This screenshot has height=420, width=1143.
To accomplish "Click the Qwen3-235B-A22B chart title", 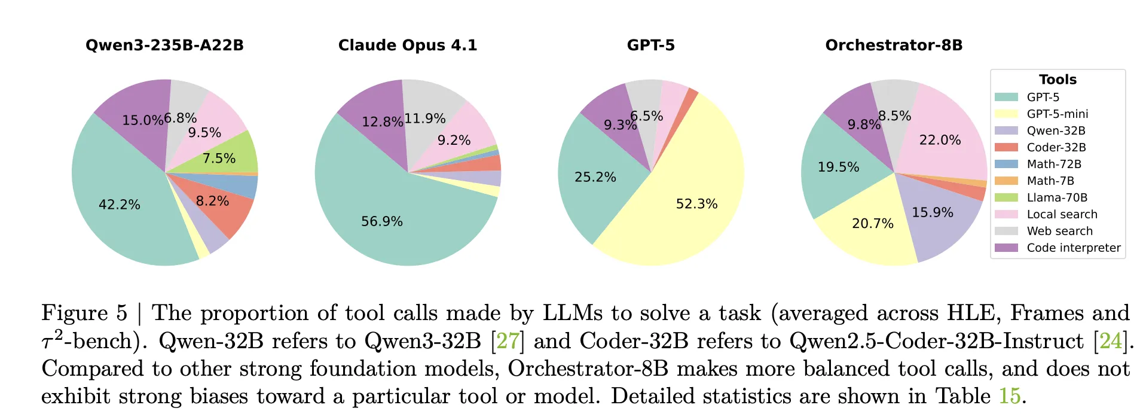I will coord(164,45).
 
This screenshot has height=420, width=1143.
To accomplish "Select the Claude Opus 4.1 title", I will coord(408,45).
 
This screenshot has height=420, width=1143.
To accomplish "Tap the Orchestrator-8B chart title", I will coord(894,45).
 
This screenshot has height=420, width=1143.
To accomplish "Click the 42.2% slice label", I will coord(120,205).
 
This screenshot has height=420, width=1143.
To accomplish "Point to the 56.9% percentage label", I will coord(382,221).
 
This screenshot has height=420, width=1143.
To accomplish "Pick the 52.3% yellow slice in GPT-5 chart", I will coord(696,204).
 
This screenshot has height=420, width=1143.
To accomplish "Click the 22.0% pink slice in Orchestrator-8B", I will coord(940,140).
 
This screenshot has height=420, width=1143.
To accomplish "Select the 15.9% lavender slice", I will coord(932,212).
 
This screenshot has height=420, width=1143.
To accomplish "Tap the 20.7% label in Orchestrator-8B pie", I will coord(872,224).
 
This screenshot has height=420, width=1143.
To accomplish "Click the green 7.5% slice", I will coord(219,159).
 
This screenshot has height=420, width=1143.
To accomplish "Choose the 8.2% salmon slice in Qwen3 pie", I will coord(213,201).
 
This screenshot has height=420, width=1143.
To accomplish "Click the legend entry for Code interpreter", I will coord(1073,248).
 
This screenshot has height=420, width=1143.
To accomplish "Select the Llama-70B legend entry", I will coord(1057,197).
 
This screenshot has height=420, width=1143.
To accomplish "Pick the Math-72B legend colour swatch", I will coord(1006,164).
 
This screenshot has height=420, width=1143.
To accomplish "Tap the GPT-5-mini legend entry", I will coord(1057,114).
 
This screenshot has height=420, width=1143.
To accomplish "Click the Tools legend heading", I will coord(1058,80).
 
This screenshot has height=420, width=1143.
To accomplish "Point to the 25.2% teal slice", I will coord(595,177).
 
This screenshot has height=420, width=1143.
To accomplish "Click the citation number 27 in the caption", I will coord(507,341).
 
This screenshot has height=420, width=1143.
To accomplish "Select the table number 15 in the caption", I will coord(1009,396).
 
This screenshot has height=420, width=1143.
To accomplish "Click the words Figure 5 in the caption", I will coord(84,313).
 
